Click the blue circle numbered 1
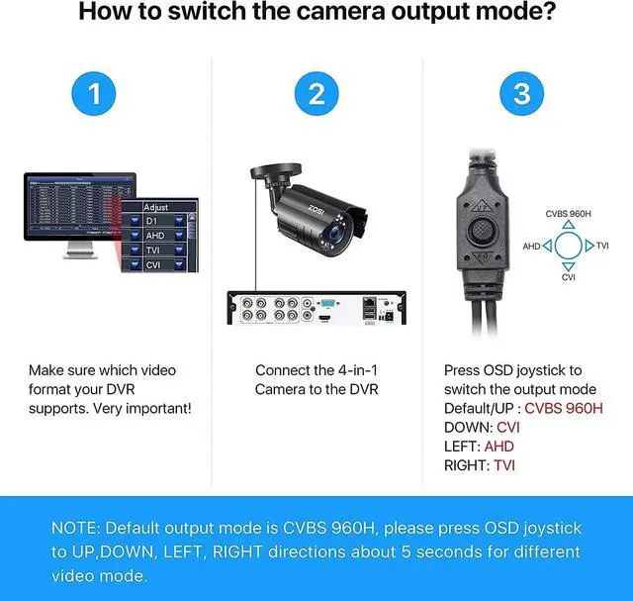click(x=94, y=94)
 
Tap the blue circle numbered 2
click(x=316, y=94)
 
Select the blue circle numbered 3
click(x=521, y=94)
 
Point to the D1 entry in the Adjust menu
click(x=153, y=222)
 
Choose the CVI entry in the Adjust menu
click(x=153, y=264)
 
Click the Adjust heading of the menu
click(x=155, y=208)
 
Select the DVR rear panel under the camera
click(x=316, y=308)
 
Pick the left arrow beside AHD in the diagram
click(x=547, y=245)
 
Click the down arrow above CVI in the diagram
click(x=567, y=264)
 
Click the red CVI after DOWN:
click(x=507, y=427)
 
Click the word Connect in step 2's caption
click(x=284, y=370)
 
